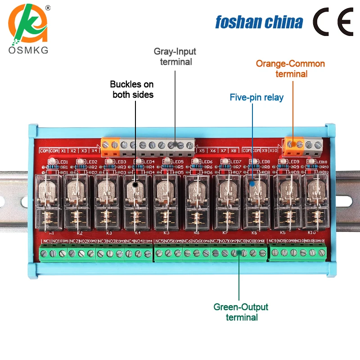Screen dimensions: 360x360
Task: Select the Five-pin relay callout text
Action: [256, 97]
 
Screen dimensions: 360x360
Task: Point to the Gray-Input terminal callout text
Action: [176, 56]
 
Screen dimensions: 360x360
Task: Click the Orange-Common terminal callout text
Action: [291, 69]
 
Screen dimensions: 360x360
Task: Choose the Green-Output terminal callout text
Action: [241, 312]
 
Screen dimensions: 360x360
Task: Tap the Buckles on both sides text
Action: [132, 89]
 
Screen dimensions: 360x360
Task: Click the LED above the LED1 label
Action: [52, 161]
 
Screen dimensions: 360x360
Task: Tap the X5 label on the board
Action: [202, 150]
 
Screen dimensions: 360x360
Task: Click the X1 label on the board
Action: [64, 150]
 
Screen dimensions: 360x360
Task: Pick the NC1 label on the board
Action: [46, 242]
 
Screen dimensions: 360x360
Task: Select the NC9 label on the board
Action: [272, 242]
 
